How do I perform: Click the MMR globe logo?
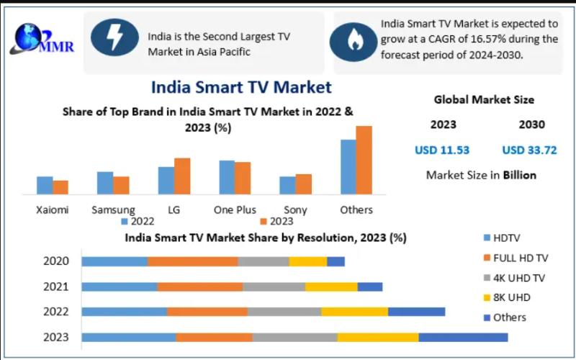click(29, 40)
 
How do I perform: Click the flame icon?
click(353, 41)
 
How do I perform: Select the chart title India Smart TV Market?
click(241, 87)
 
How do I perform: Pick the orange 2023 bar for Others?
click(364, 160)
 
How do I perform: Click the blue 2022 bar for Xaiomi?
click(45, 185)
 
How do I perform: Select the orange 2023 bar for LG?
click(182, 176)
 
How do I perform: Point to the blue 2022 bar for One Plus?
click(227, 177)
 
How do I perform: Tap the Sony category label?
click(295, 210)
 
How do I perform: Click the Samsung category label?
click(113, 210)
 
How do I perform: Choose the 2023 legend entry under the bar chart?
click(276, 221)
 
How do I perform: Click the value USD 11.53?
click(442, 150)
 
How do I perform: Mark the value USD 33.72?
click(528, 150)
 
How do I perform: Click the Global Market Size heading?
click(484, 100)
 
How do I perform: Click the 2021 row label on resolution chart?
click(56, 287)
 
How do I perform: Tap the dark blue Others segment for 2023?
click(463, 337)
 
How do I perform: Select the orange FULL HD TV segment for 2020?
click(193, 261)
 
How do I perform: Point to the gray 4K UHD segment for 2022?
click(284, 312)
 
